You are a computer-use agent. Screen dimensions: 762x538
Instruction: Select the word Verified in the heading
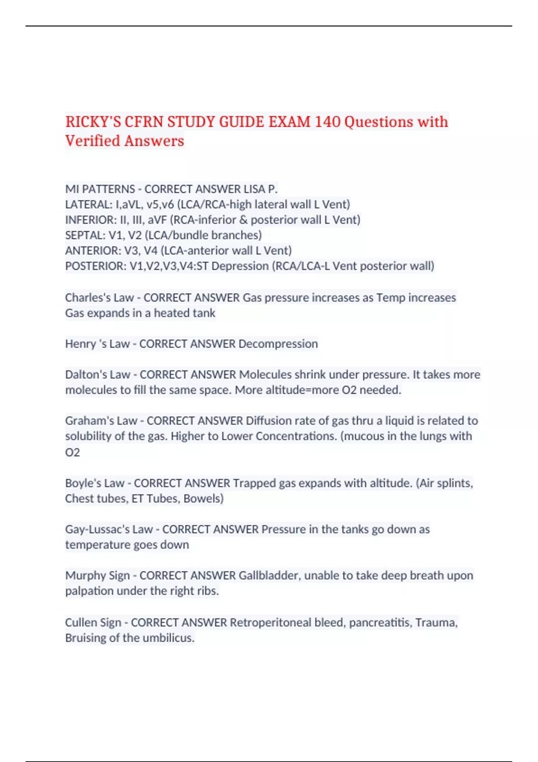(x=92, y=141)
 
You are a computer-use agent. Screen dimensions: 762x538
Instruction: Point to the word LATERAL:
(x=89, y=204)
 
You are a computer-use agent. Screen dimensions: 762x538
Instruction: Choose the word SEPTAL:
(x=85, y=235)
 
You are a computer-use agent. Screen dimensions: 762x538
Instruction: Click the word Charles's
(x=87, y=298)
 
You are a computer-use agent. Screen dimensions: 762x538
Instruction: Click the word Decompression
(x=278, y=344)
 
